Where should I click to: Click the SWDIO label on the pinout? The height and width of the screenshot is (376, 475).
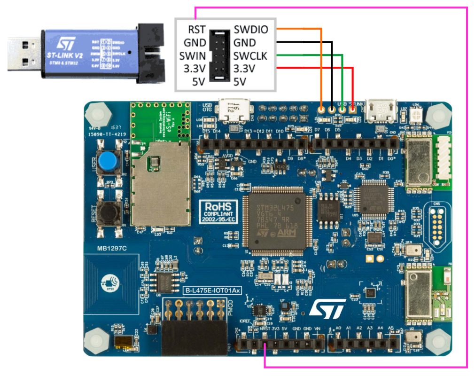251,30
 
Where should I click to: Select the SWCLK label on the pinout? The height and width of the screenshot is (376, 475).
250,56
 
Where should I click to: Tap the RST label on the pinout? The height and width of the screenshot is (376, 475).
196,30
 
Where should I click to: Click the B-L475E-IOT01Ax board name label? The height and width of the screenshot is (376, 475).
212,291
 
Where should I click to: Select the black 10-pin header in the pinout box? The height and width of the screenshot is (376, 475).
219,56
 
